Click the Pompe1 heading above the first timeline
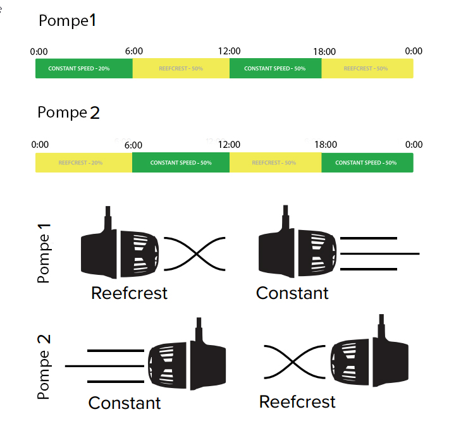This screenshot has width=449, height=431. coord(68,21)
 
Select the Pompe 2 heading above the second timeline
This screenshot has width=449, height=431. coord(69,113)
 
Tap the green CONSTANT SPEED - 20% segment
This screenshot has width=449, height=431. coord(83,68)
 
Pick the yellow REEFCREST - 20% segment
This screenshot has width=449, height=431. coord(83,162)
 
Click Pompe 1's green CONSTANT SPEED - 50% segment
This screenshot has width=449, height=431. coord(275,68)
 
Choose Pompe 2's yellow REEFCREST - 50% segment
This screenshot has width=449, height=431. coord(275,162)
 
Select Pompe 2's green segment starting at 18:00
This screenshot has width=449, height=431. coord(367,162)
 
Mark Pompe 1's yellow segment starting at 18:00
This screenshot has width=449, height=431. coord(367,68)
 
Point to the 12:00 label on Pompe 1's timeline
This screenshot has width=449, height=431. coord(229,51)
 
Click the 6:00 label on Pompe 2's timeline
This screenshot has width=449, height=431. coord(133,145)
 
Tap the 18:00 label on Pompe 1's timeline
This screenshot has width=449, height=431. coord(324,51)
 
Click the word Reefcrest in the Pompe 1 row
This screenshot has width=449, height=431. coord(130,293)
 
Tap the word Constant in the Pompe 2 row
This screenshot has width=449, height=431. coord(125,403)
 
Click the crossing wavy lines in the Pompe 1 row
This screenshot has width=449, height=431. coord(195,255)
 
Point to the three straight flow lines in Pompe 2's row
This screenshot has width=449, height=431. coord(106,366)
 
